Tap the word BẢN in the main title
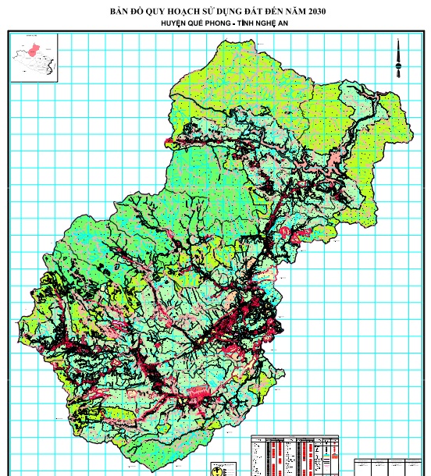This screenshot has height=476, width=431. coord(123,10)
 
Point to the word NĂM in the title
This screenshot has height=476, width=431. coord(288,10)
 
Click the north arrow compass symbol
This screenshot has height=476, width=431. coord(398,59)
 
